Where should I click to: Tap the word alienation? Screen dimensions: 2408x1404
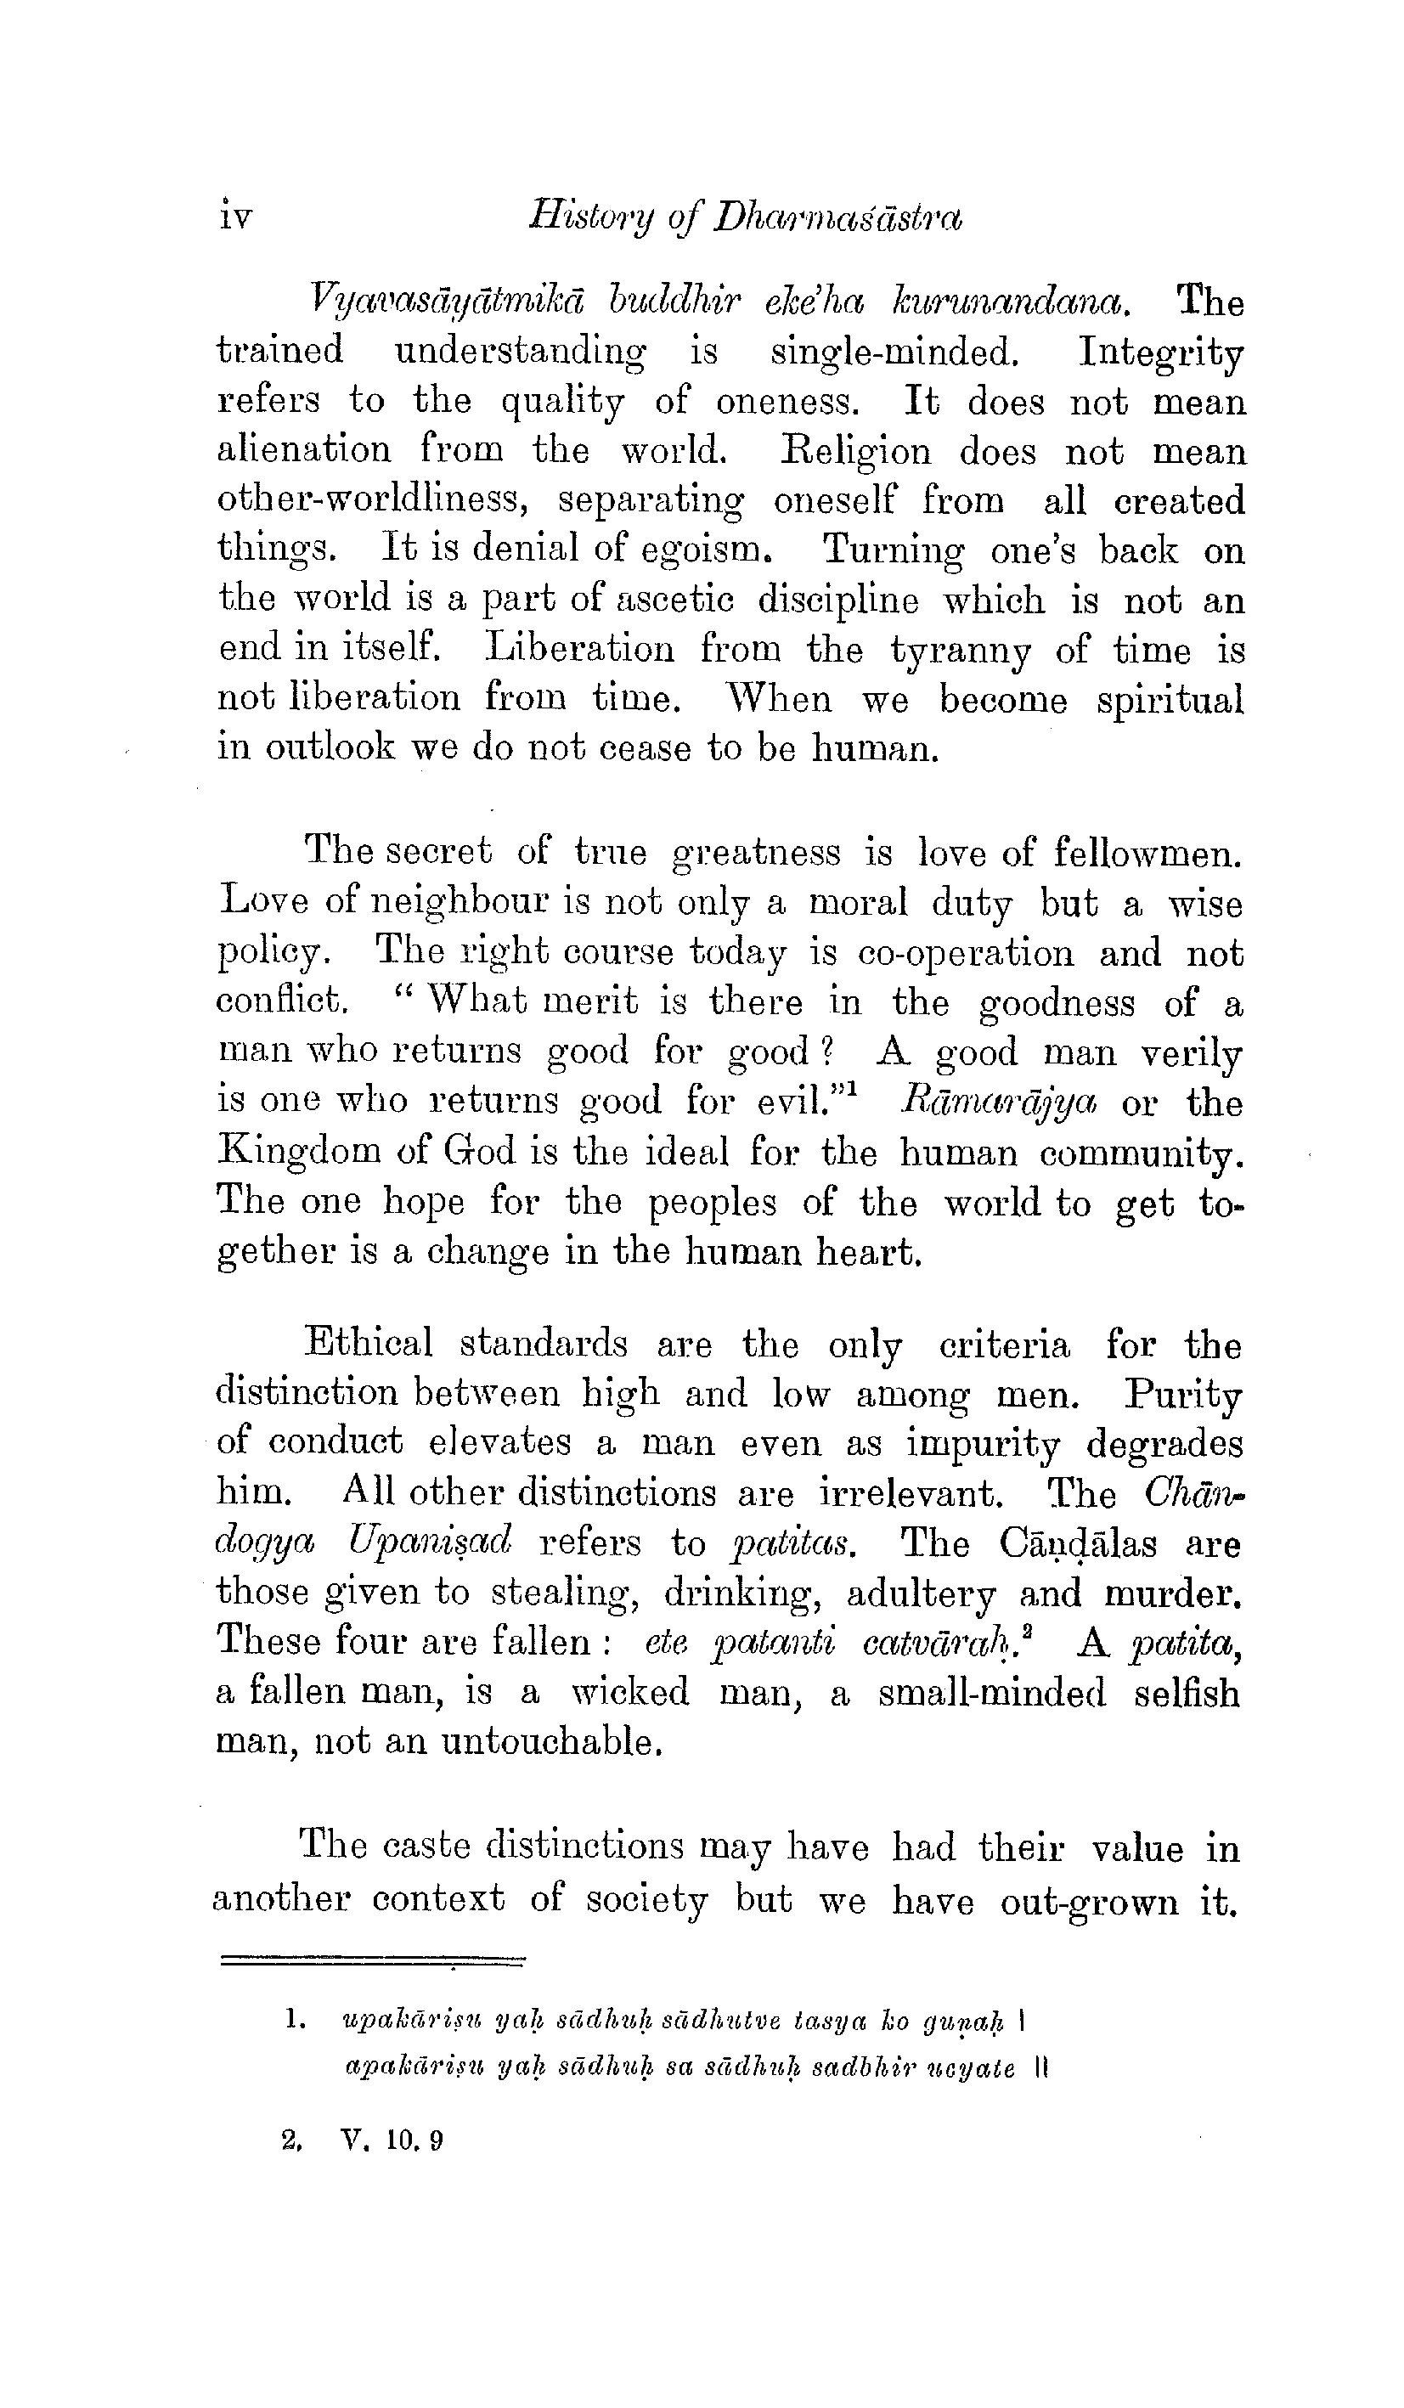(304, 450)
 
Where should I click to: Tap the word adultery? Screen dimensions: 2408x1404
(922, 1593)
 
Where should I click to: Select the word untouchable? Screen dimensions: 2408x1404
(551, 1741)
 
